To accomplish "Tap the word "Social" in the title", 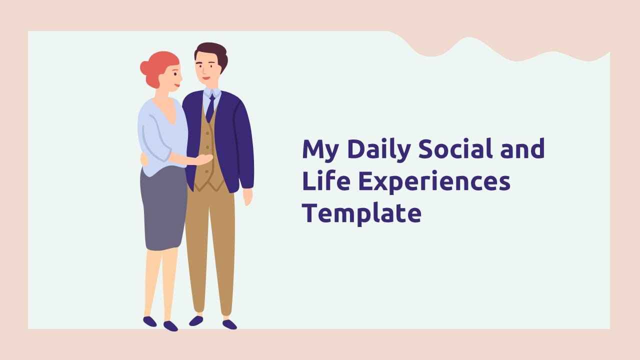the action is [x=455, y=148].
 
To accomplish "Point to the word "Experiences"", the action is [x=434, y=182].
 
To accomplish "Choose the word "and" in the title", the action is [x=522, y=148].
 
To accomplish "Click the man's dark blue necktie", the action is [x=211, y=108].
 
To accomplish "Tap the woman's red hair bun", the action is [x=145, y=68].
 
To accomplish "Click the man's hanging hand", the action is [x=247, y=196].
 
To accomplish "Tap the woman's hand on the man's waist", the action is [x=203, y=159].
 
